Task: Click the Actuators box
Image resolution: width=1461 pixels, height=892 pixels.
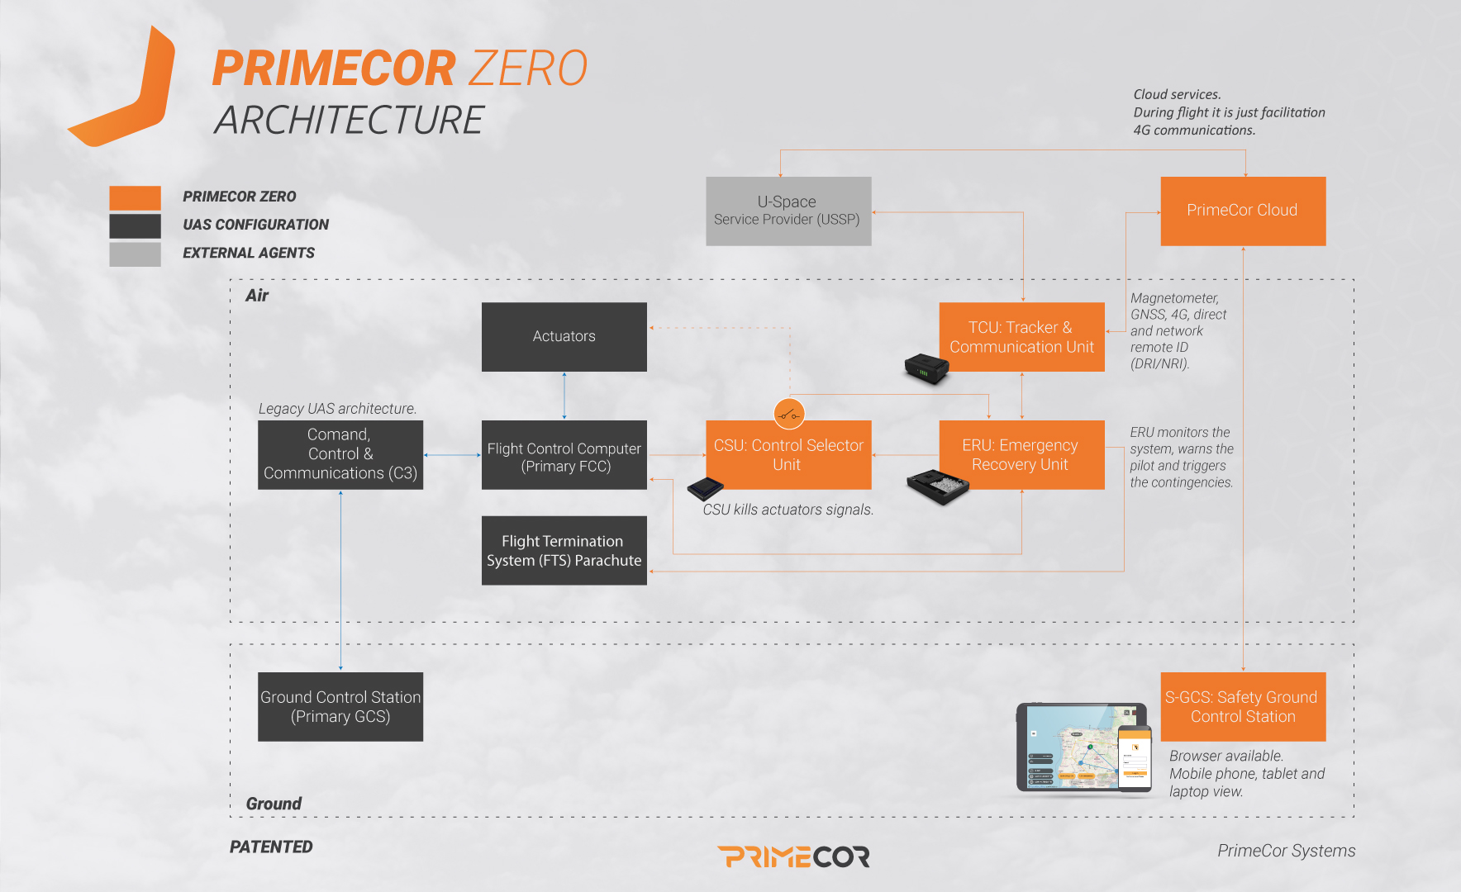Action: point(564,337)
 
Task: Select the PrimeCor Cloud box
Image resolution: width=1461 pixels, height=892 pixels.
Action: point(1243,211)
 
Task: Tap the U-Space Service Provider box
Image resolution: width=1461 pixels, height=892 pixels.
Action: point(788,211)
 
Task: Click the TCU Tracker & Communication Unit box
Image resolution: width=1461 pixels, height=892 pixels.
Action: point(1022,337)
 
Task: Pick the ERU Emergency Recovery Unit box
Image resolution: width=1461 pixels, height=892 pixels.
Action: point(1022,455)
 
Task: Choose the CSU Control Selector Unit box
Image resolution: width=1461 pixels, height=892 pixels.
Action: point(788,455)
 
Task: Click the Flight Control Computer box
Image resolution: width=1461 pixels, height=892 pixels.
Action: point(564,455)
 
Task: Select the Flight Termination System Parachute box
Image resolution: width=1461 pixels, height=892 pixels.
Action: point(564,551)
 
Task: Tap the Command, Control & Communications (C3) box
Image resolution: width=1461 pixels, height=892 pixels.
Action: point(340,455)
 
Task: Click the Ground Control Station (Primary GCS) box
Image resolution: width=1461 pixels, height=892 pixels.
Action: point(340,707)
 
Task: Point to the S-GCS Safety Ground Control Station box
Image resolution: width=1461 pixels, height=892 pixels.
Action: point(1243,707)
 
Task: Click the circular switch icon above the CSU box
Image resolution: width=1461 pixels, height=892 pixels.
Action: point(789,414)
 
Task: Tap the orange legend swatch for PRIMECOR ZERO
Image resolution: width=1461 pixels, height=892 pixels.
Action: point(135,198)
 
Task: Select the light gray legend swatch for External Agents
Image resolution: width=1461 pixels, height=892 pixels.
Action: point(135,254)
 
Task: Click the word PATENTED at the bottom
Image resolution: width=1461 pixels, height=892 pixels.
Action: point(271,847)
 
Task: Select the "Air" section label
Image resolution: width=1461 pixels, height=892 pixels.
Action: point(257,296)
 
